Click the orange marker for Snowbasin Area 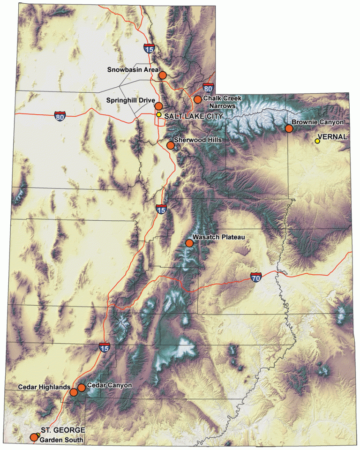pos(163,75)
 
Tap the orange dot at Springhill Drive pos(159,106)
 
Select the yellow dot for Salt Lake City pos(159,114)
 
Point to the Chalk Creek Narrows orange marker pos(198,99)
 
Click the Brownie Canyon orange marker pos(289,128)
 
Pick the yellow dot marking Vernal pos(317,141)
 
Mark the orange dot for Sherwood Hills pos(171,145)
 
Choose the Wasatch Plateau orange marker pos(189,243)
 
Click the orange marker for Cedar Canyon pos(81,387)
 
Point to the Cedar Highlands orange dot pos(74,392)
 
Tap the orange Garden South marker pos(33,437)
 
